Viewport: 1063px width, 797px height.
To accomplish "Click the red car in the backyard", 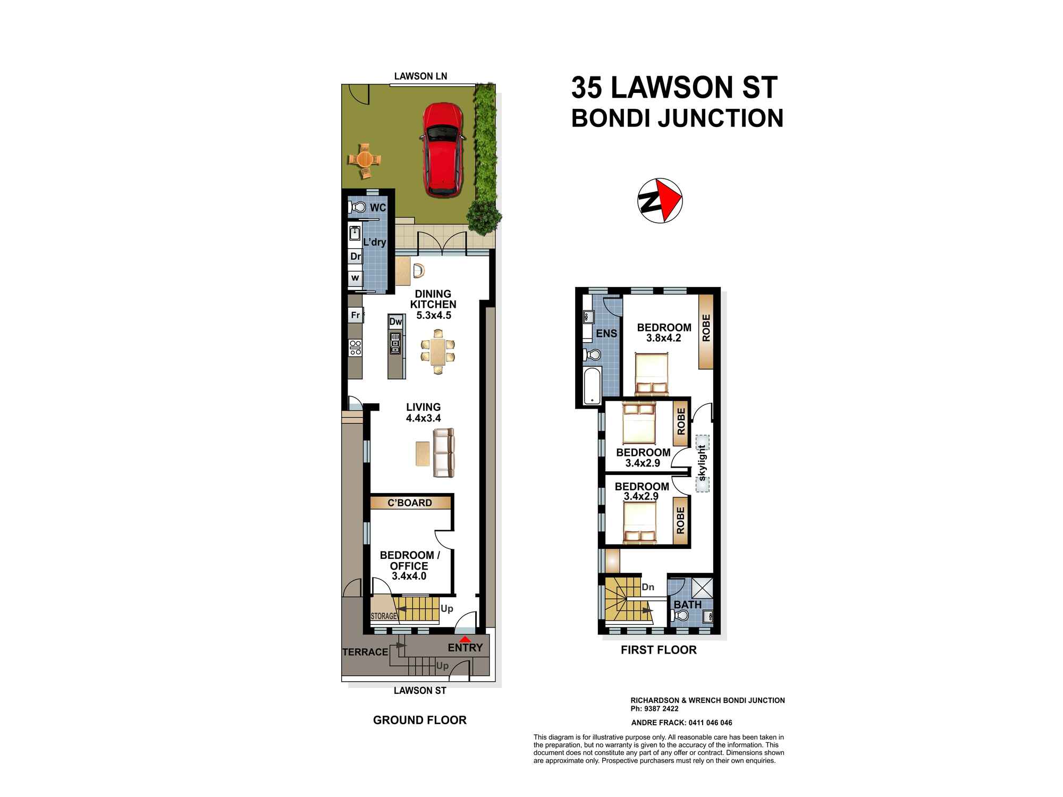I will pos(442,150).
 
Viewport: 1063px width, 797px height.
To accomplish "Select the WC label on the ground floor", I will pos(377,207).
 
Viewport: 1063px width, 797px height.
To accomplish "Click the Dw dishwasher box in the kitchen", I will pos(395,321).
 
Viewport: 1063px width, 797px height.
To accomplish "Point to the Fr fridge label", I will pos(355,315).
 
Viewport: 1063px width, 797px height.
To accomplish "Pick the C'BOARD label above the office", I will pos(410,503).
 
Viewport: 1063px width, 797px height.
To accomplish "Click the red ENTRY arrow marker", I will pos(465,640).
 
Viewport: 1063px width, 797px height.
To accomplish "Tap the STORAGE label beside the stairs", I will pos(384,616).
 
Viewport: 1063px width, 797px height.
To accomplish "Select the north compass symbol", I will pos(660,201).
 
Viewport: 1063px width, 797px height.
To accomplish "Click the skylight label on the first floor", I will pos(702,463).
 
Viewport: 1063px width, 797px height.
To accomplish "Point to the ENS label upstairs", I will pos(606,334).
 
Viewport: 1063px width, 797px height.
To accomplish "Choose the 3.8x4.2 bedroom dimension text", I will pos(663,338).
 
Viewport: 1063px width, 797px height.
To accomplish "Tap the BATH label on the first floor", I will pos(688,605).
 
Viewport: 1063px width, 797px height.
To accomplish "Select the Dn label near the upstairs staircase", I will pos(648,587).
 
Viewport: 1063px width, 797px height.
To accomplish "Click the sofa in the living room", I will pos(444,453).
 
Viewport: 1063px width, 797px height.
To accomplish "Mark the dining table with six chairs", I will pos(437,352).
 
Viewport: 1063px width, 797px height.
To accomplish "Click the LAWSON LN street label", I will pos(420,76).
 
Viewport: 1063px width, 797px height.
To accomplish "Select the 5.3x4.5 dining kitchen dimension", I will pos(434,315).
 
